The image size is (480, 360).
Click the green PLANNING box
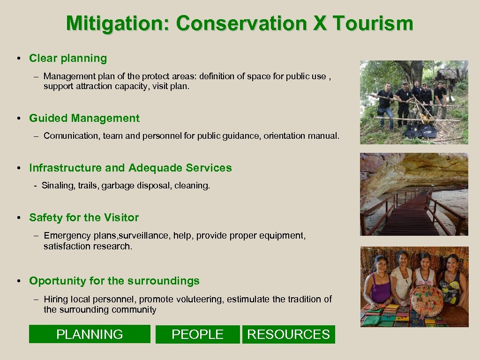point(90,334)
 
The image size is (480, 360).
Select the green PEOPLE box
point(197,334)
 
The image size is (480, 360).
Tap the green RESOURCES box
point(288,334)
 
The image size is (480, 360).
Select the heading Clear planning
point(68,59)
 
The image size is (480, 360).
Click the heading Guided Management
point(84,118)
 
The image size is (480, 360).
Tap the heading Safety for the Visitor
point(84,217)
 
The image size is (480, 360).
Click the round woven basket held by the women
point(427,300)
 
